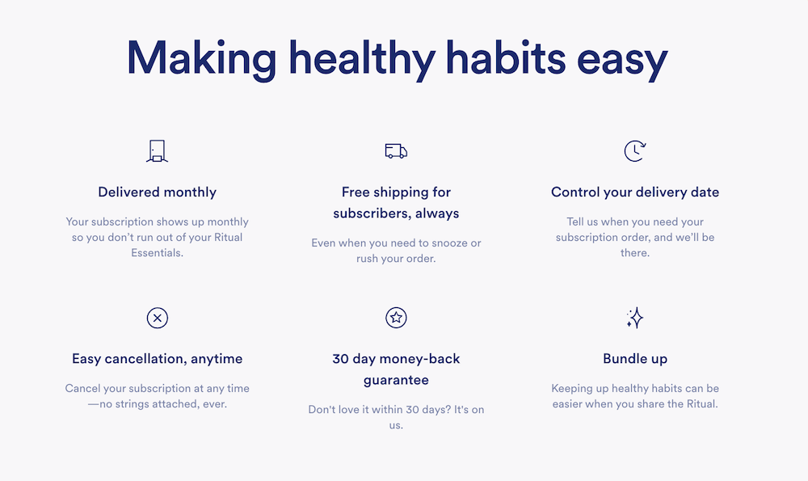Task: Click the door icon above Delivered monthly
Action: [158, 151]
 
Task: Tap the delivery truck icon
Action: [396, 151]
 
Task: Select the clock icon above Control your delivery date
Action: [635, 151]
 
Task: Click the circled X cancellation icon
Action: [158, 318]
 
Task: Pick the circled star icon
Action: [396, 318]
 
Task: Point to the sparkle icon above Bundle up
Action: [635, 318]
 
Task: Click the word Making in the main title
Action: [201, 59]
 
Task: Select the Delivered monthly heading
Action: [158, 192]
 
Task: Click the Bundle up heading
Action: [635, 359]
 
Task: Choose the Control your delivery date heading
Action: [635, 192]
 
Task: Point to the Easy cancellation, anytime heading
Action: [158, 359]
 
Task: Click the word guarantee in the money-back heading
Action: [396, 381]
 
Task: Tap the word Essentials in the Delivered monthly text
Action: [158, 252]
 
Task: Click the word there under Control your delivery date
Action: [635, 252]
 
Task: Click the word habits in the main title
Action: [506, 57]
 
